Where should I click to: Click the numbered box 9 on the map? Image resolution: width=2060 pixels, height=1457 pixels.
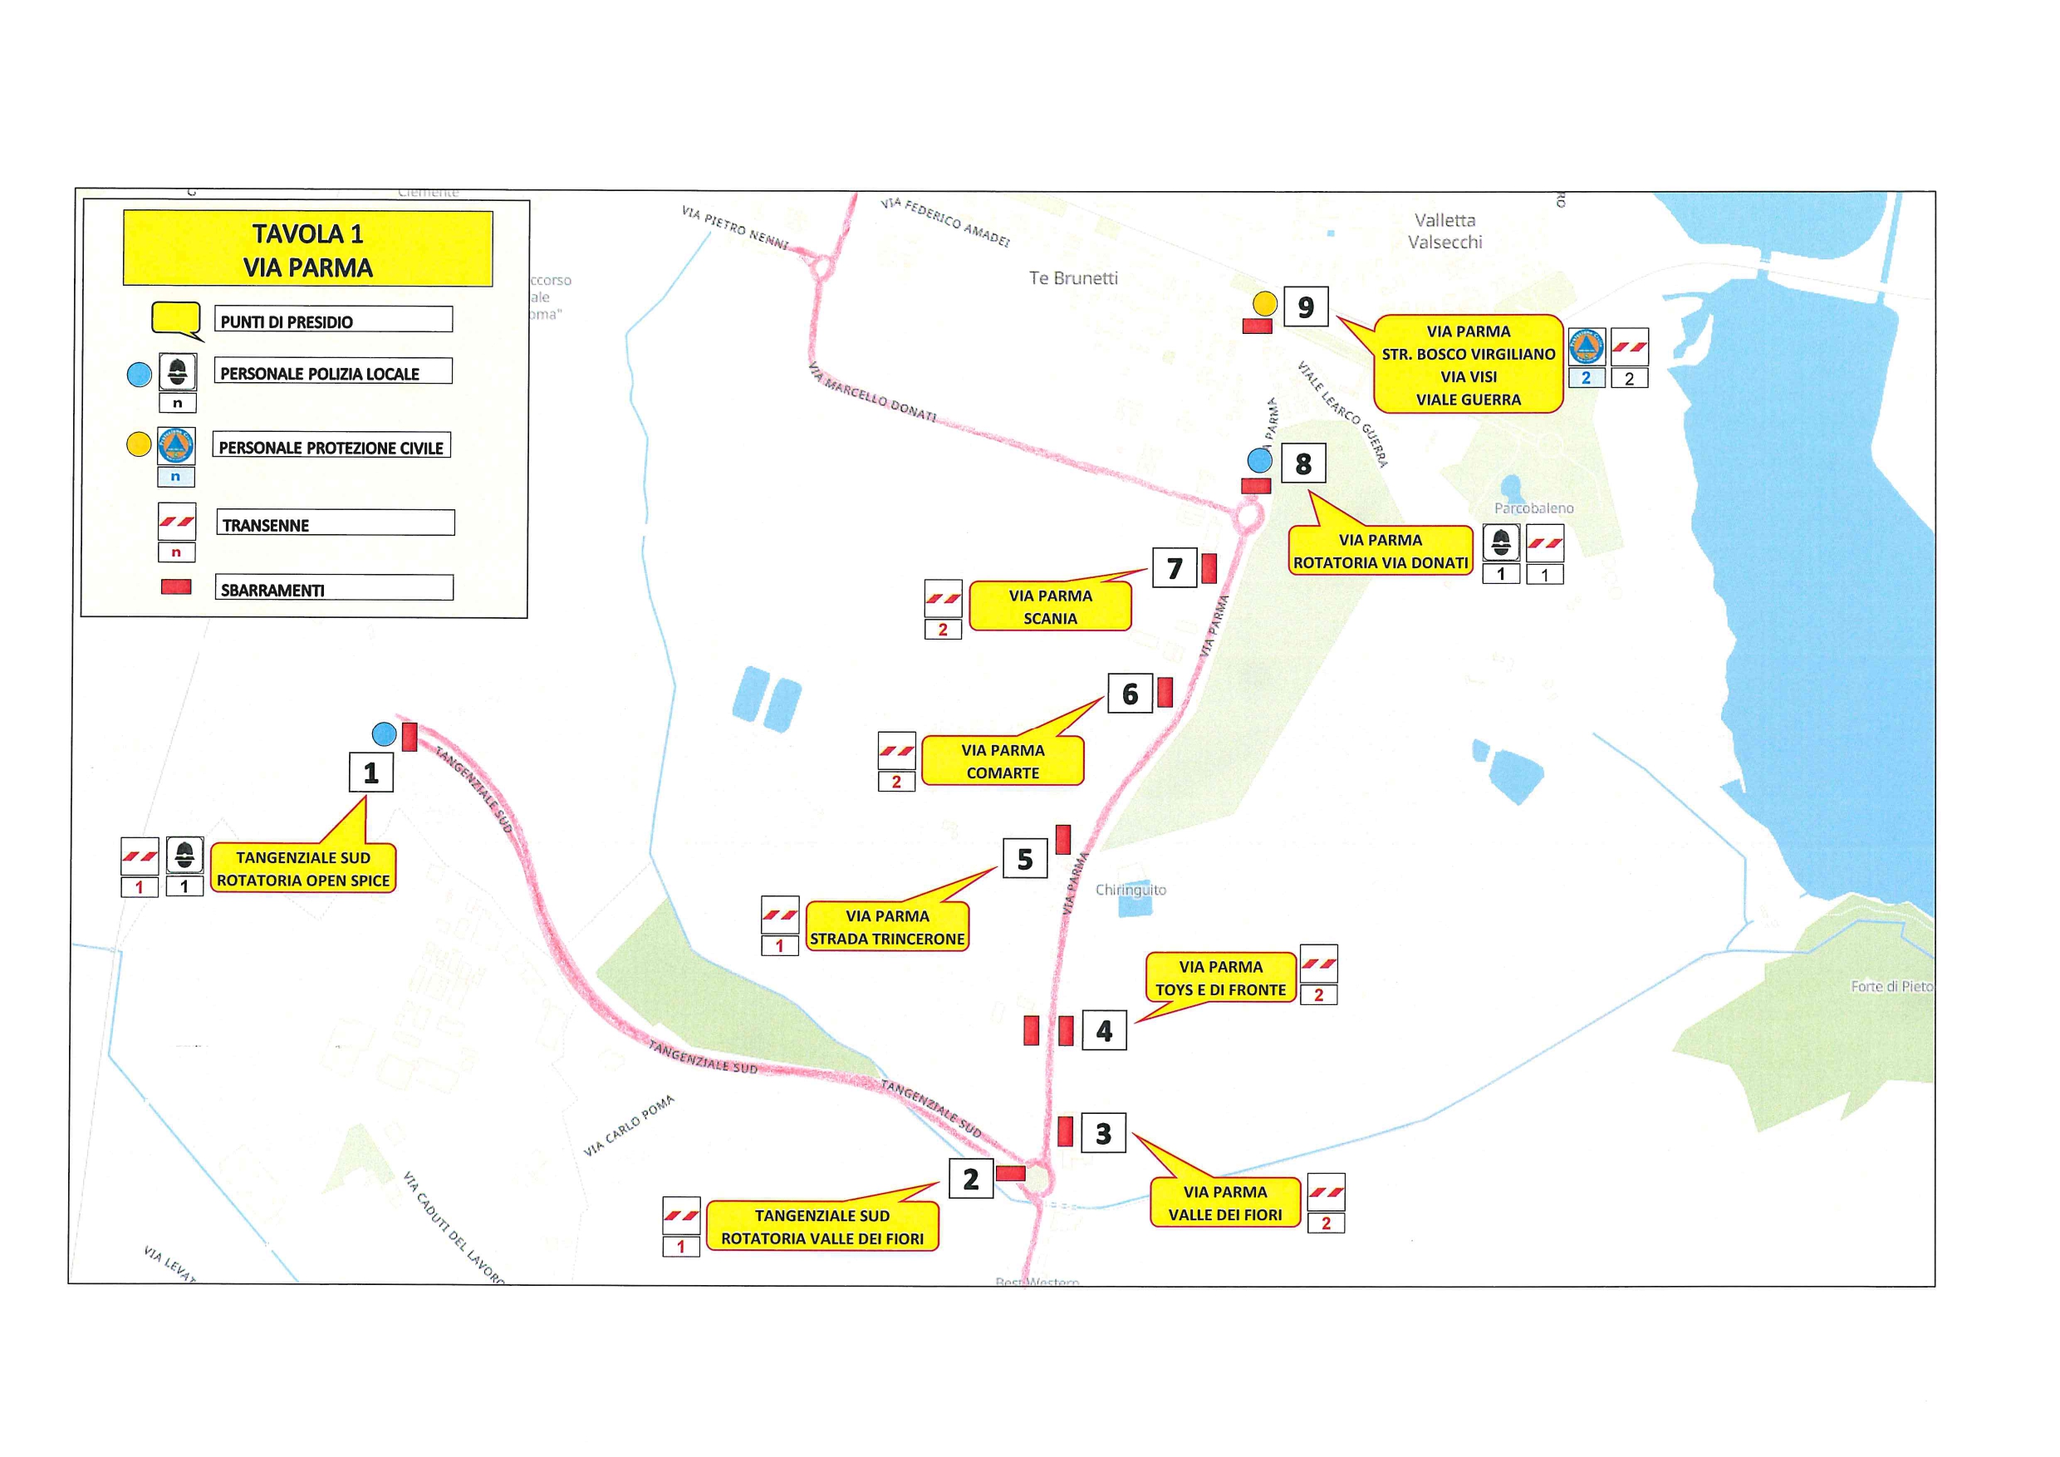(1306, 307)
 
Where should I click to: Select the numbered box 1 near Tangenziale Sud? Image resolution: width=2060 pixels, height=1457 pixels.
(370, 773)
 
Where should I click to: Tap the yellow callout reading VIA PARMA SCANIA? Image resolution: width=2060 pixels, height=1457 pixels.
(1050, 607)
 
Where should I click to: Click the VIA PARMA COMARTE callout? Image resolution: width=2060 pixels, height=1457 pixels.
(1003, 762)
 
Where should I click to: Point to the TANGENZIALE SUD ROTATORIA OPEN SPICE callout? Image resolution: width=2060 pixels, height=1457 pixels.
(303, 868)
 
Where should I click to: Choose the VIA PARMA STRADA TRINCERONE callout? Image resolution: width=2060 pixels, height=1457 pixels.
(887, 927)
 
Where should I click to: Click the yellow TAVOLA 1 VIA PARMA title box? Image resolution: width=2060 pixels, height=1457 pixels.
(307, 249)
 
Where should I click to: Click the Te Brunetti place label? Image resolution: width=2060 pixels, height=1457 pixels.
(1073, 278)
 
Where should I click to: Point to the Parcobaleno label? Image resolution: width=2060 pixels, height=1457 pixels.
(1533, 508)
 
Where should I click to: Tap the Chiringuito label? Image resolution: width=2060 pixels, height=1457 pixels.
(1131, 890)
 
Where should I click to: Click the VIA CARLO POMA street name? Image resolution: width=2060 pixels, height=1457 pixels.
(629, 1126)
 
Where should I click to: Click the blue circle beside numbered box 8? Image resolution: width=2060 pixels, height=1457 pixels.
(1260, 461)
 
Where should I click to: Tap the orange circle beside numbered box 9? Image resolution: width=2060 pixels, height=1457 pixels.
(1265, 304)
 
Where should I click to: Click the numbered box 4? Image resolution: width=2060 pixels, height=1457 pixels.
(1104, 1031)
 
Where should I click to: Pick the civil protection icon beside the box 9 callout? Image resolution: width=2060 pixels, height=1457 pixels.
(1587, 347)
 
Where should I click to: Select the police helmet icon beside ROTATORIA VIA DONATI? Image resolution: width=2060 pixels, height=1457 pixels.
(1501, 542)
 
